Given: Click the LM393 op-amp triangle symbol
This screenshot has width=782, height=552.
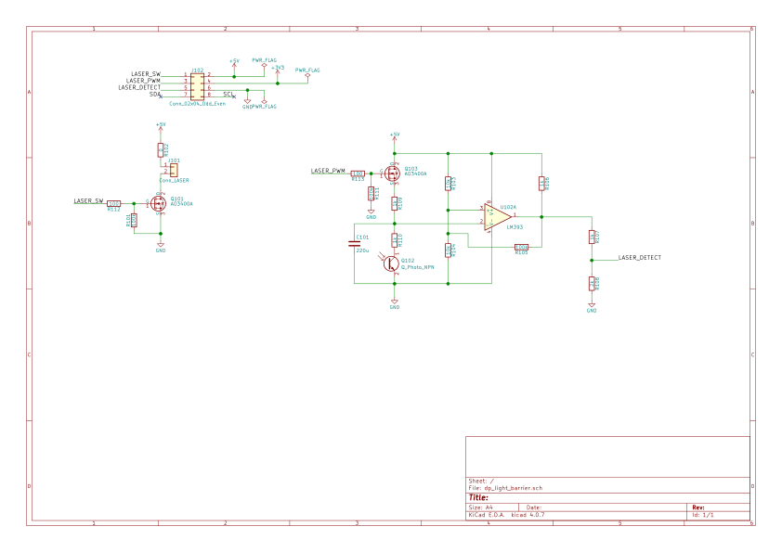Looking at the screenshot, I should pos(496,216).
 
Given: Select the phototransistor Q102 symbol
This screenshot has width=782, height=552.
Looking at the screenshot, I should pos(391,263).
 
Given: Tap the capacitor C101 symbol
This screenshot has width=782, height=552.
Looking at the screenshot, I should pos(354,243).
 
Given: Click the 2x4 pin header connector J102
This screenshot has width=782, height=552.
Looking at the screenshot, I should pos(197,86).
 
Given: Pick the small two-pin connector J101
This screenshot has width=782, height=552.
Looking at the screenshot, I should pos(173,170).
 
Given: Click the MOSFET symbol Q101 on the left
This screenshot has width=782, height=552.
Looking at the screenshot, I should pos(158,202).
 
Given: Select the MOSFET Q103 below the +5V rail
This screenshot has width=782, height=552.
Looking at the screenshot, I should pos(393,173).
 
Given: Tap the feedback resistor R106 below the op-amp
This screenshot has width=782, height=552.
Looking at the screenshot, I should pos(521,247).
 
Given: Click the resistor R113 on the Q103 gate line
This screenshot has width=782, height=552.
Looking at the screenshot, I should pos(358,173).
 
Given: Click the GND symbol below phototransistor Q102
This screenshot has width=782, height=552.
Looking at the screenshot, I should pos(395,302).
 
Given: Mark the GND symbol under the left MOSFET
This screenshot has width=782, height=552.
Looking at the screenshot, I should pos(160,246).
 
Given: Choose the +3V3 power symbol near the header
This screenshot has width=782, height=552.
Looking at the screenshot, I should pos(278,69).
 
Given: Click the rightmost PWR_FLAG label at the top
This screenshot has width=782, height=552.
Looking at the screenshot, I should pos(307,70).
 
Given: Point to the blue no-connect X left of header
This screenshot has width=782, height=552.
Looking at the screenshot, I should pos(161,96).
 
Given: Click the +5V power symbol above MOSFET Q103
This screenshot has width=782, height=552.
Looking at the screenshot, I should pos(395,135).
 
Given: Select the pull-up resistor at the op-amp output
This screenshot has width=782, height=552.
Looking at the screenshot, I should pos(541,184).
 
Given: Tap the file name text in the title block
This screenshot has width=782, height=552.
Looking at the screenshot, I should pos(506,488).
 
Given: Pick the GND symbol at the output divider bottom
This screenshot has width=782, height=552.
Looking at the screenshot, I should pos(592,306).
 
